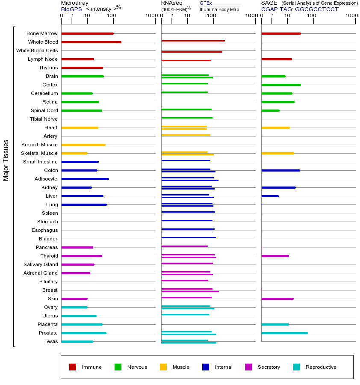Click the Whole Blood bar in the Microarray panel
(91, 42)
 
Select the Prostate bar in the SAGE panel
(284, 333)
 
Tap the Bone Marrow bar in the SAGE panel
(281, 33)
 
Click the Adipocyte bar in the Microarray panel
(85, 179)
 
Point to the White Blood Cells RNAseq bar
(192, 52)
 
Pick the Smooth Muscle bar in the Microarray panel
(83, 145)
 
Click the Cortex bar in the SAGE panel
(281, 85)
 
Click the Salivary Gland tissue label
(41, 264)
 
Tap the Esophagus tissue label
(44, 230)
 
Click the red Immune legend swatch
(73, 367)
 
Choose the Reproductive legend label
(321, 367)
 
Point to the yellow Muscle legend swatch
(163, 367)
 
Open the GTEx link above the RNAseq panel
(206, 3)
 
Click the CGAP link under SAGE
(269, 9)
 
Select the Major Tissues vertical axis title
(6, 160)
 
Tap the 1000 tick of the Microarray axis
(150, 16)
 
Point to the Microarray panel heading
(74, 3)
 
